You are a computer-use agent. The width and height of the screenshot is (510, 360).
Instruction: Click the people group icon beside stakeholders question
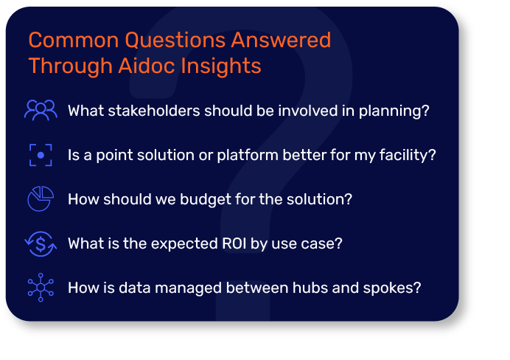pyautogui.click(x=41, y=111)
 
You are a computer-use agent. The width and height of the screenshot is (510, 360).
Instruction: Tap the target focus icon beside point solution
pyautogui.click(x=41, y=155)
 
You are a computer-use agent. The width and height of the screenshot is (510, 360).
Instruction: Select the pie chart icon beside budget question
pyautogui.click(x=41, y=199)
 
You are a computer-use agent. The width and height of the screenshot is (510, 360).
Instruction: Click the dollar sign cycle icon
pyautogui.click(x=41, y=243)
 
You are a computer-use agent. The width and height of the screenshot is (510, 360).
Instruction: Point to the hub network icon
pyautogui.click(x=41, y=288)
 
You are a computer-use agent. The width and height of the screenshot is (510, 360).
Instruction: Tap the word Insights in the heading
pyautogui.click(x=221, y=66)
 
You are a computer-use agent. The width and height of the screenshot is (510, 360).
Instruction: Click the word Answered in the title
pyautogui.click(x=281, y=40)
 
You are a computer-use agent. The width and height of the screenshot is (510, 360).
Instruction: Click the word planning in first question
pyautogui.click(x=394, y=111)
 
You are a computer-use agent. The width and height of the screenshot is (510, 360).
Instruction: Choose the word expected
pyautogui.click(x=184, y=244)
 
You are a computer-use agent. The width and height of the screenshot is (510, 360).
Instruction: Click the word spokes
pyautogui.click(x=392, y=288)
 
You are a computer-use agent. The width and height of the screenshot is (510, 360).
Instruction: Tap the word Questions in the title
pyautogui.click(x=175, y=40)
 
